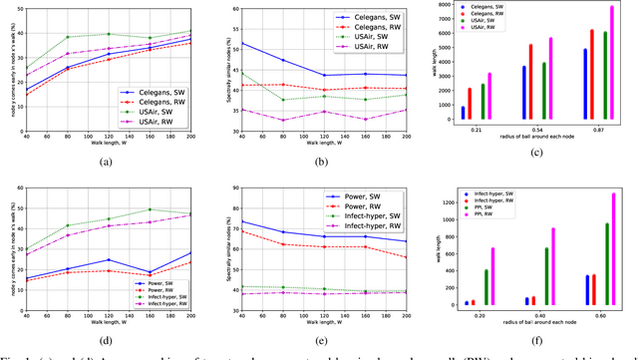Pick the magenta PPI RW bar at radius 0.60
tap(613, 249)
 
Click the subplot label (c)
tap(536, 151)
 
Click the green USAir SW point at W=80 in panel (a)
tap(68, 38)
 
